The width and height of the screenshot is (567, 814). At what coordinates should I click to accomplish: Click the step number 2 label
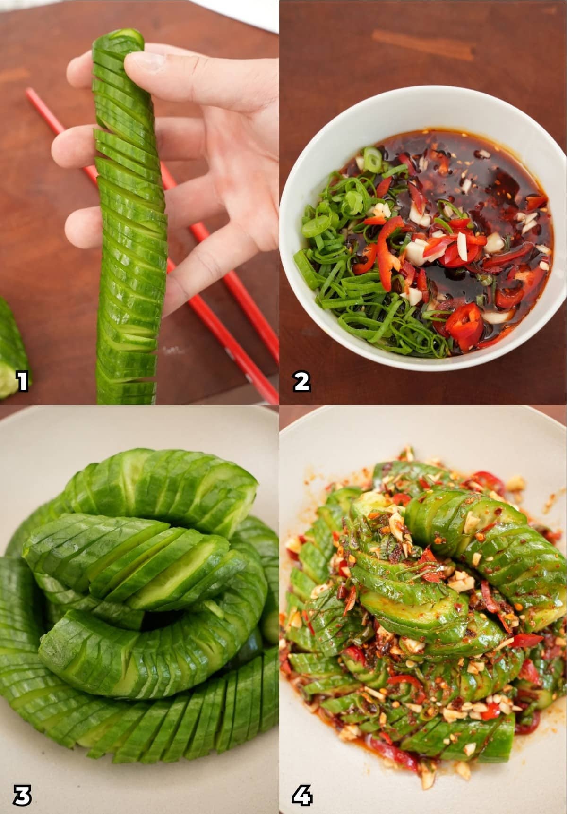point(301,381)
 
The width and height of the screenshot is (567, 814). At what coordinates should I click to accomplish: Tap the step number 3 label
point(21,794)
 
